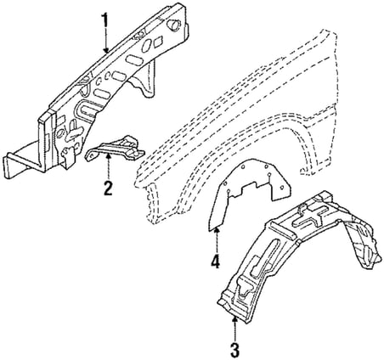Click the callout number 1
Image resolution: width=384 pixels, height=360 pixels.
coord(105,20)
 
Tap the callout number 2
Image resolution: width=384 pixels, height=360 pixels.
coord(108,188)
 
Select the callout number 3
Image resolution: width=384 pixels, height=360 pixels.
coord(234,349)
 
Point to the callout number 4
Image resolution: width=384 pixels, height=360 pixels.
coord(215,261)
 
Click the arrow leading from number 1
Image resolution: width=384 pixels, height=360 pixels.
coord(106,41)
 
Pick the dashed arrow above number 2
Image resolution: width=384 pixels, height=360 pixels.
coord(108,166)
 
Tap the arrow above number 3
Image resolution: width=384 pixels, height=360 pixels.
coord(234,329)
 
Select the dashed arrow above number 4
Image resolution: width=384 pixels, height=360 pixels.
coord(217,239)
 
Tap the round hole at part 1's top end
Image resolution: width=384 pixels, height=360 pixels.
coord(173,24)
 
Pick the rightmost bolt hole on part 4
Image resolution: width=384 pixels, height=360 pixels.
coord(281,188)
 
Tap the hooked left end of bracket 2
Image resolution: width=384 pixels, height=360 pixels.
coord(89,155)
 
